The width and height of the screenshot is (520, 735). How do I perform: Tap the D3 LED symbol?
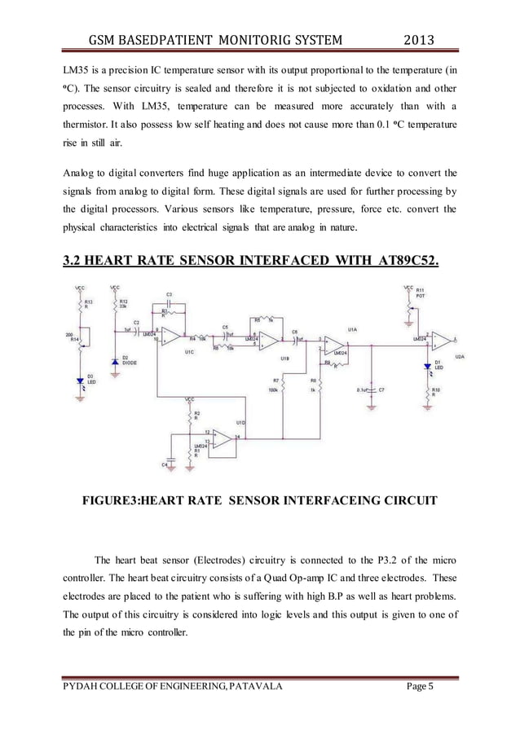(x=80, y=381)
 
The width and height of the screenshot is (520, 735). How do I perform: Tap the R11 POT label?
(x=421, y=293)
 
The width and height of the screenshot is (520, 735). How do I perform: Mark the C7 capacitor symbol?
(x=372, y=390)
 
